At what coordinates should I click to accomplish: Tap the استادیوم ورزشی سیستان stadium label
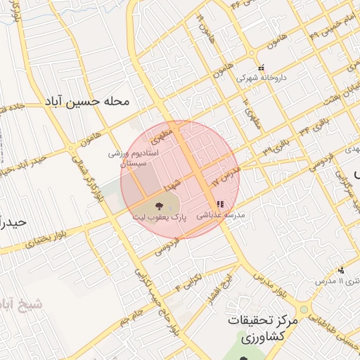click(133, 157)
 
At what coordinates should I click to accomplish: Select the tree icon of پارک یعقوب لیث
click(157, 206)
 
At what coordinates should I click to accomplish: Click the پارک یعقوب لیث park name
click(160, 219)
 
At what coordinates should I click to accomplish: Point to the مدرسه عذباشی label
click(224, 216)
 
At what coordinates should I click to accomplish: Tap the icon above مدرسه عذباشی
click(220, 204)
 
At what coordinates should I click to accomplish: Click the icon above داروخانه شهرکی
click(261, 68)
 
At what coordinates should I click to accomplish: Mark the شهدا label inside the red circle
click(173, 185)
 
